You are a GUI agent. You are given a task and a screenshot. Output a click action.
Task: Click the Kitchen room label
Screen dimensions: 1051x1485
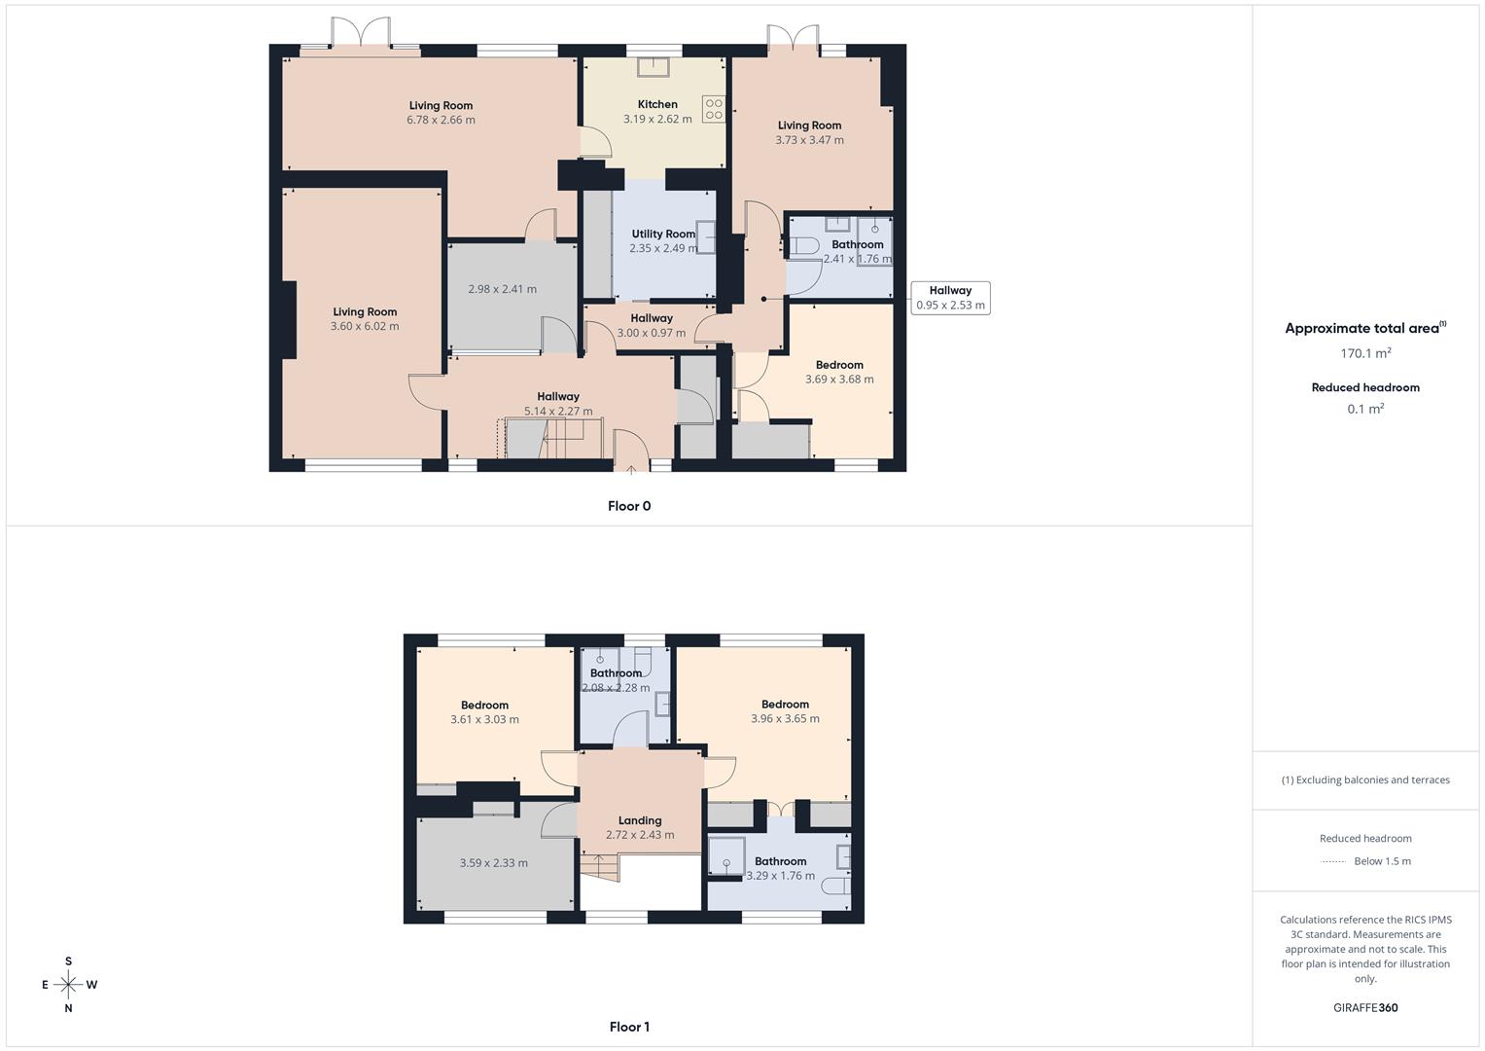coord(657,104)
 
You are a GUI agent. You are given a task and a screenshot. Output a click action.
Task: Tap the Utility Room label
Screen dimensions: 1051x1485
coord(663,234)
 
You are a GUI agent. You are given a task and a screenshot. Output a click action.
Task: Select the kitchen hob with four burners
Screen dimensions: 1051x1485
coord(714,109)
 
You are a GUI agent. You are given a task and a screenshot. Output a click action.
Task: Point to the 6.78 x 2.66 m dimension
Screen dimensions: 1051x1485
coord(441,120)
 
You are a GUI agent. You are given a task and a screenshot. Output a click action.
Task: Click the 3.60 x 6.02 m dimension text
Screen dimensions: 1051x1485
coord(365,326)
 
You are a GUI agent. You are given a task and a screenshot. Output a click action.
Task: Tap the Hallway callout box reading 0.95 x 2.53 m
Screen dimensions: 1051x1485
coord(950,298)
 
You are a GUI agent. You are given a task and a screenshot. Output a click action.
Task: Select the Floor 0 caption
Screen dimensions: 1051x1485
coord(629,506)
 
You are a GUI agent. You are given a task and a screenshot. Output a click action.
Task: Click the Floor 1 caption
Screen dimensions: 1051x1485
coord(629,1027)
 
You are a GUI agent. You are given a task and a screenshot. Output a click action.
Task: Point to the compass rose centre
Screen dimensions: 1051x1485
coord(68,985)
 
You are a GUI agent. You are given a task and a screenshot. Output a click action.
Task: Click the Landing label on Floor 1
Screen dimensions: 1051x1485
coord(640,820)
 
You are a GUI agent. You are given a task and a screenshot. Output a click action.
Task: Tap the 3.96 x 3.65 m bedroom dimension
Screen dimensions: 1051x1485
coord(785,719)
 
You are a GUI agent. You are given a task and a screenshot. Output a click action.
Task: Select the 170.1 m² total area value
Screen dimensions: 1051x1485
coord(1365,353)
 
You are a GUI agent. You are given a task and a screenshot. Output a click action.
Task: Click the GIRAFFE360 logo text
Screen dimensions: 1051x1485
coord(1365,1007)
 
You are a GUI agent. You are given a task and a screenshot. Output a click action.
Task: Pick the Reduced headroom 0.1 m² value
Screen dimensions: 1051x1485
coord(1365,409)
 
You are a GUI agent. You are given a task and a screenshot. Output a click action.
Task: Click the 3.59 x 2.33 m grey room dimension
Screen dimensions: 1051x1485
coord(494,863)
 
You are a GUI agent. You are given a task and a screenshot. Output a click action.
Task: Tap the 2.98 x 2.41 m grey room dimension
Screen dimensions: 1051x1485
coord(502,289)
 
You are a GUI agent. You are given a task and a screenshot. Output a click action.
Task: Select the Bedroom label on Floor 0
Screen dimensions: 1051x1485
coord(839,365)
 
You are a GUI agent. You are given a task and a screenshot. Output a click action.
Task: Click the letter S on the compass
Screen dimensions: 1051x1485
coord(68,961)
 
